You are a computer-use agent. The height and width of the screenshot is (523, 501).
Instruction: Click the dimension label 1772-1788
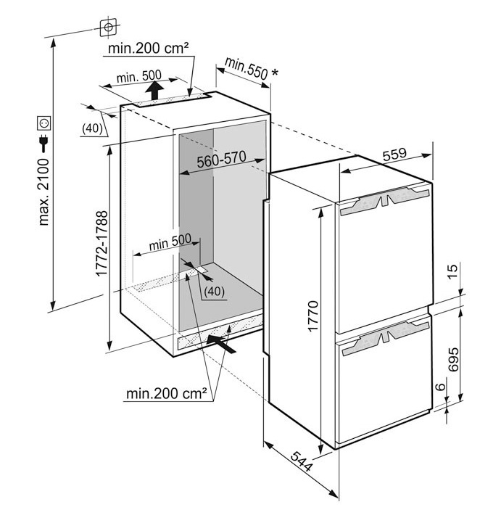(102, 244)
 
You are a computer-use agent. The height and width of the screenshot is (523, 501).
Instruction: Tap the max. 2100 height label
(44, 192)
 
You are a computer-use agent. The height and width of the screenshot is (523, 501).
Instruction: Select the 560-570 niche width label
(221, 159)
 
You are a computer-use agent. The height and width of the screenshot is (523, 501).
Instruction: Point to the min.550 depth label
(247, 69)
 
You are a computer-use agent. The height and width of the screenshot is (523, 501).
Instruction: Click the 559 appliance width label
(394, 155)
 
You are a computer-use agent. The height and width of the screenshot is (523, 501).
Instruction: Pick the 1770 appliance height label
(313, 316)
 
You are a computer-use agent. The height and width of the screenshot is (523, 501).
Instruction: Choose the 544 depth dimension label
(301, 461)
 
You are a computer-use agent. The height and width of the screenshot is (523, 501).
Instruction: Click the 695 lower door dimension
(453, 360)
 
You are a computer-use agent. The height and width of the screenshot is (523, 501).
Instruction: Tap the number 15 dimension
(453, 271)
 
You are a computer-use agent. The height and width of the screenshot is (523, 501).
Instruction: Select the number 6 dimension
(441, 387)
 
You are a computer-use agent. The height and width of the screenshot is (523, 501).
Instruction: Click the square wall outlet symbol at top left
(108, 28)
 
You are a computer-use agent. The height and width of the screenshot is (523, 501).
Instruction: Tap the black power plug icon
(44, 143)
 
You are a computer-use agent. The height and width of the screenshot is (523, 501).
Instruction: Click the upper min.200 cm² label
(149, 48)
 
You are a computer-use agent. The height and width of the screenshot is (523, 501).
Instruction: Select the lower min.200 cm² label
(166, 394)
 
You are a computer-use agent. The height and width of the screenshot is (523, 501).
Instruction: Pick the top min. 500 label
(139, 76)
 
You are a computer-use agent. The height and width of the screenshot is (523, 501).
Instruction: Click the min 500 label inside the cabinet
(170, 242)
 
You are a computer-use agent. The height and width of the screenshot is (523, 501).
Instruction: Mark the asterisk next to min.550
(275, 72)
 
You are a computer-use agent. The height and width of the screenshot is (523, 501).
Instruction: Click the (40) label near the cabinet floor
(215, 291)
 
